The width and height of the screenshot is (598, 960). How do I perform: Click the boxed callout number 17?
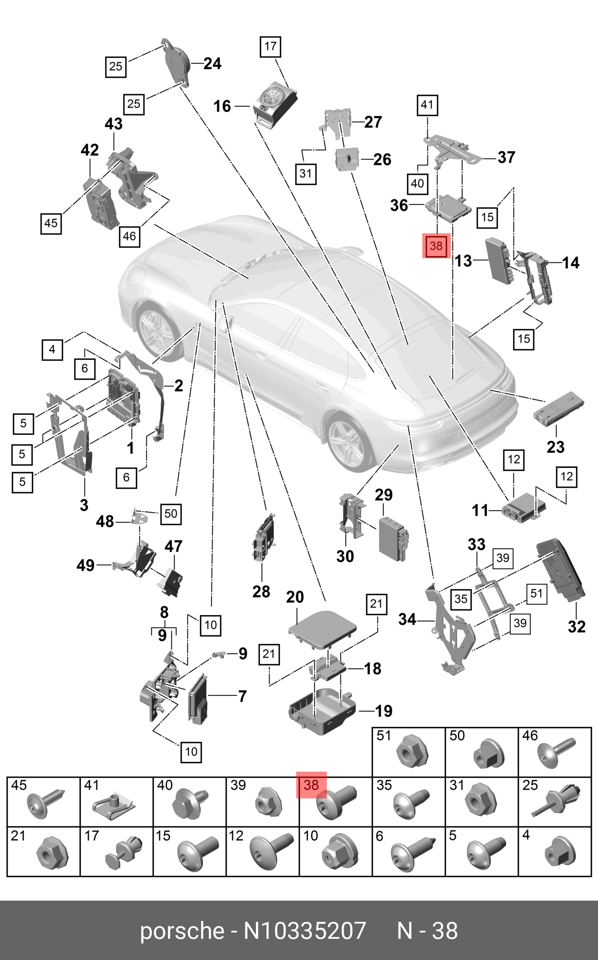click(x=270, y=46)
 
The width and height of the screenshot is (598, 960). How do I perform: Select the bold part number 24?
click(x=212, y=64)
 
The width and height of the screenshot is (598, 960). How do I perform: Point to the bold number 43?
click(x=114, y=124)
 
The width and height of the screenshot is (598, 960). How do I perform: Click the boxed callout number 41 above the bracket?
click(x=427, y=105)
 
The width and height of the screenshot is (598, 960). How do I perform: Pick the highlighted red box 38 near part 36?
click(x=436, y=246)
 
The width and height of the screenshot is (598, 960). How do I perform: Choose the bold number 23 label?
click(x=555, y=447)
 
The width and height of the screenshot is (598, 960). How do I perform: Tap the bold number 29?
click(x=384, y=495)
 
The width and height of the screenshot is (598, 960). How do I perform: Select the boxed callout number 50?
click(x=171, y=513)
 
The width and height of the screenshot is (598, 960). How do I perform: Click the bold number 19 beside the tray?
click(x=384, y=711)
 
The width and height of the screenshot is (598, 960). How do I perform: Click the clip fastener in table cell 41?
click(x=114, y=804)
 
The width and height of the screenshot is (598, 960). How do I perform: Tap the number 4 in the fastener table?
click(x=526, y=835)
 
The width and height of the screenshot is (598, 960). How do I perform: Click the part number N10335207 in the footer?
click(x=304, y=931)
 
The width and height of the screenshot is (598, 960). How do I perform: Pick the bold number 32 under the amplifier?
click(x=576, y=627)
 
